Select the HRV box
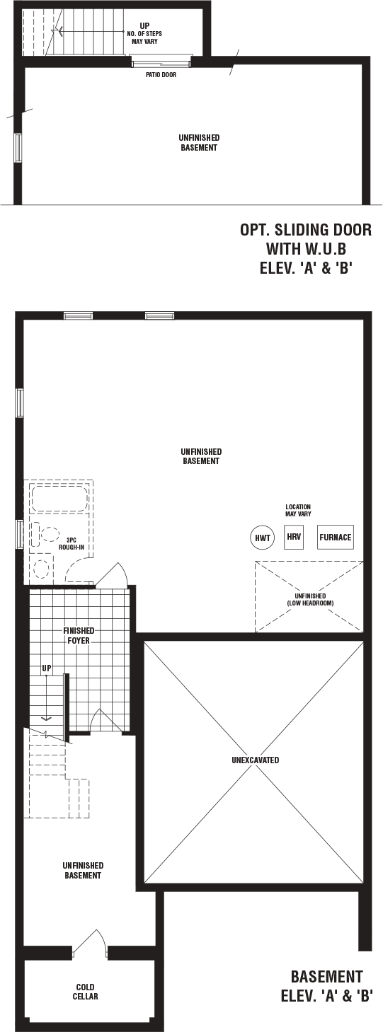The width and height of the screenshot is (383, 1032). click(294, 537)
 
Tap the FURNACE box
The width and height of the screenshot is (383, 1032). click(336, 537)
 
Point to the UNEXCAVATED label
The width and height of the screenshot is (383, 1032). click(256, 760)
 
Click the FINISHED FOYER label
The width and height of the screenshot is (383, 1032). click(79, 635)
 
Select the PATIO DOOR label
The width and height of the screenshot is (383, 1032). click(161, 75)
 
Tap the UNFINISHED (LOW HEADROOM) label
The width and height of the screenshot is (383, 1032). click(310, 599)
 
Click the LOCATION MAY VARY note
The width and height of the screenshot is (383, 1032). click(298, 511)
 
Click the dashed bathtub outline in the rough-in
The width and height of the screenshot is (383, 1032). click(59, 497)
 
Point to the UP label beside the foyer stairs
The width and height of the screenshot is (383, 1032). click(47, 668)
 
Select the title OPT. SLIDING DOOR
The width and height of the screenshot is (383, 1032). click(306, 230)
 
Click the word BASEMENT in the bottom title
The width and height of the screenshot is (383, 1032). click(326, 976)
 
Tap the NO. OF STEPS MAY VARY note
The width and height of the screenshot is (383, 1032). click(144, 37)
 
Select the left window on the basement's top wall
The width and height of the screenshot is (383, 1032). click(79, 315)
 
